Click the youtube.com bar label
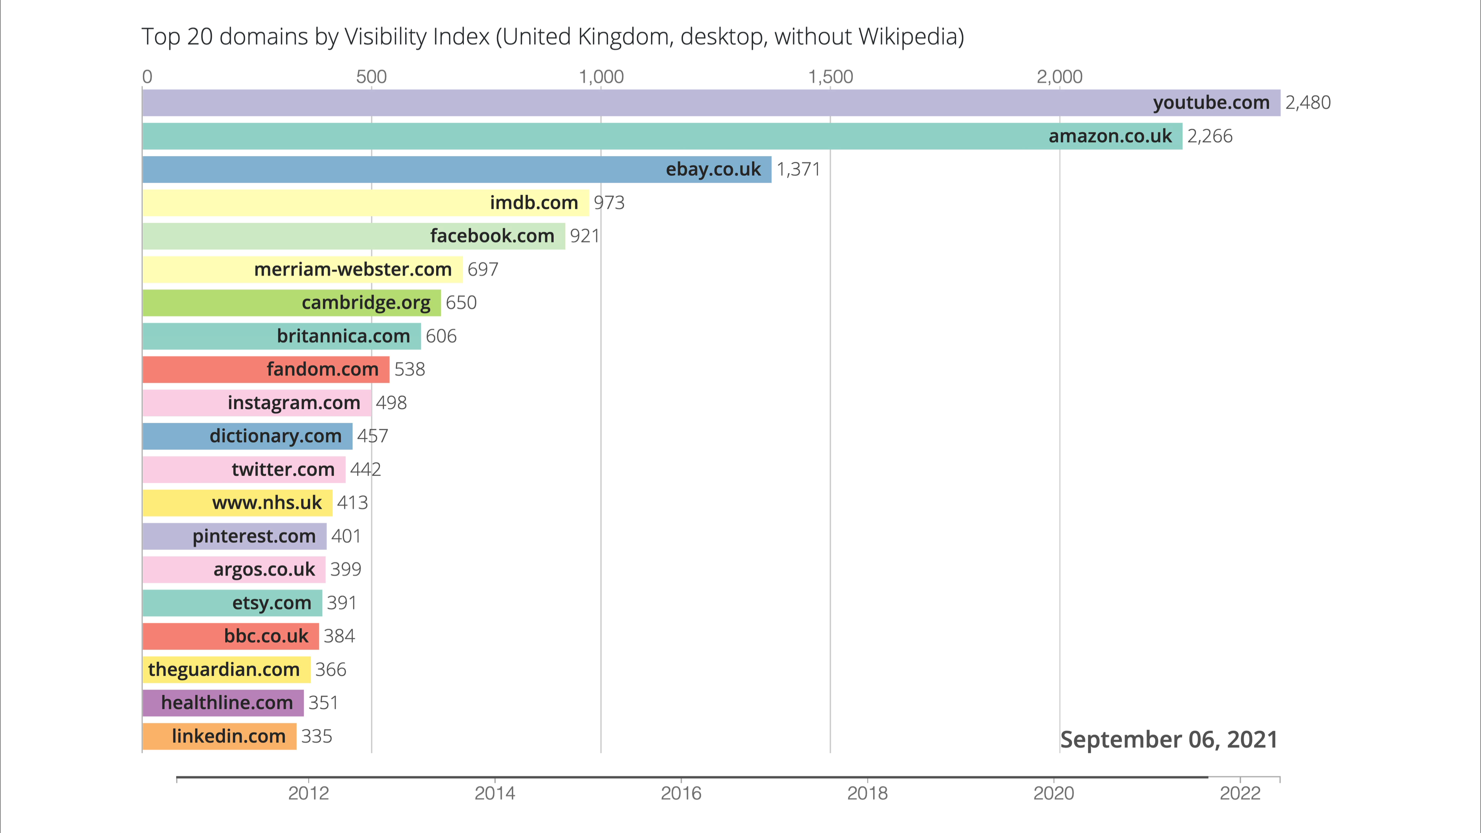[x=1211, y=103]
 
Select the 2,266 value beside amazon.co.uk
[x=1209, y=136]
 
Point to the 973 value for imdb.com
[x=609, y=203]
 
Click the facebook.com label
[x=492, y=236]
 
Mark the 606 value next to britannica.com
[x=441, y=336]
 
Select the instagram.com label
[x=294, y=403]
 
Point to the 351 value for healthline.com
[x=323, y=703]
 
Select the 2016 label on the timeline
[x=681, y=793]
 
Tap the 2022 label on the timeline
[x=1240, y=793]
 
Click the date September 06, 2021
[x=1168, y=740]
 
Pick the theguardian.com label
[x=224, y=670]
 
